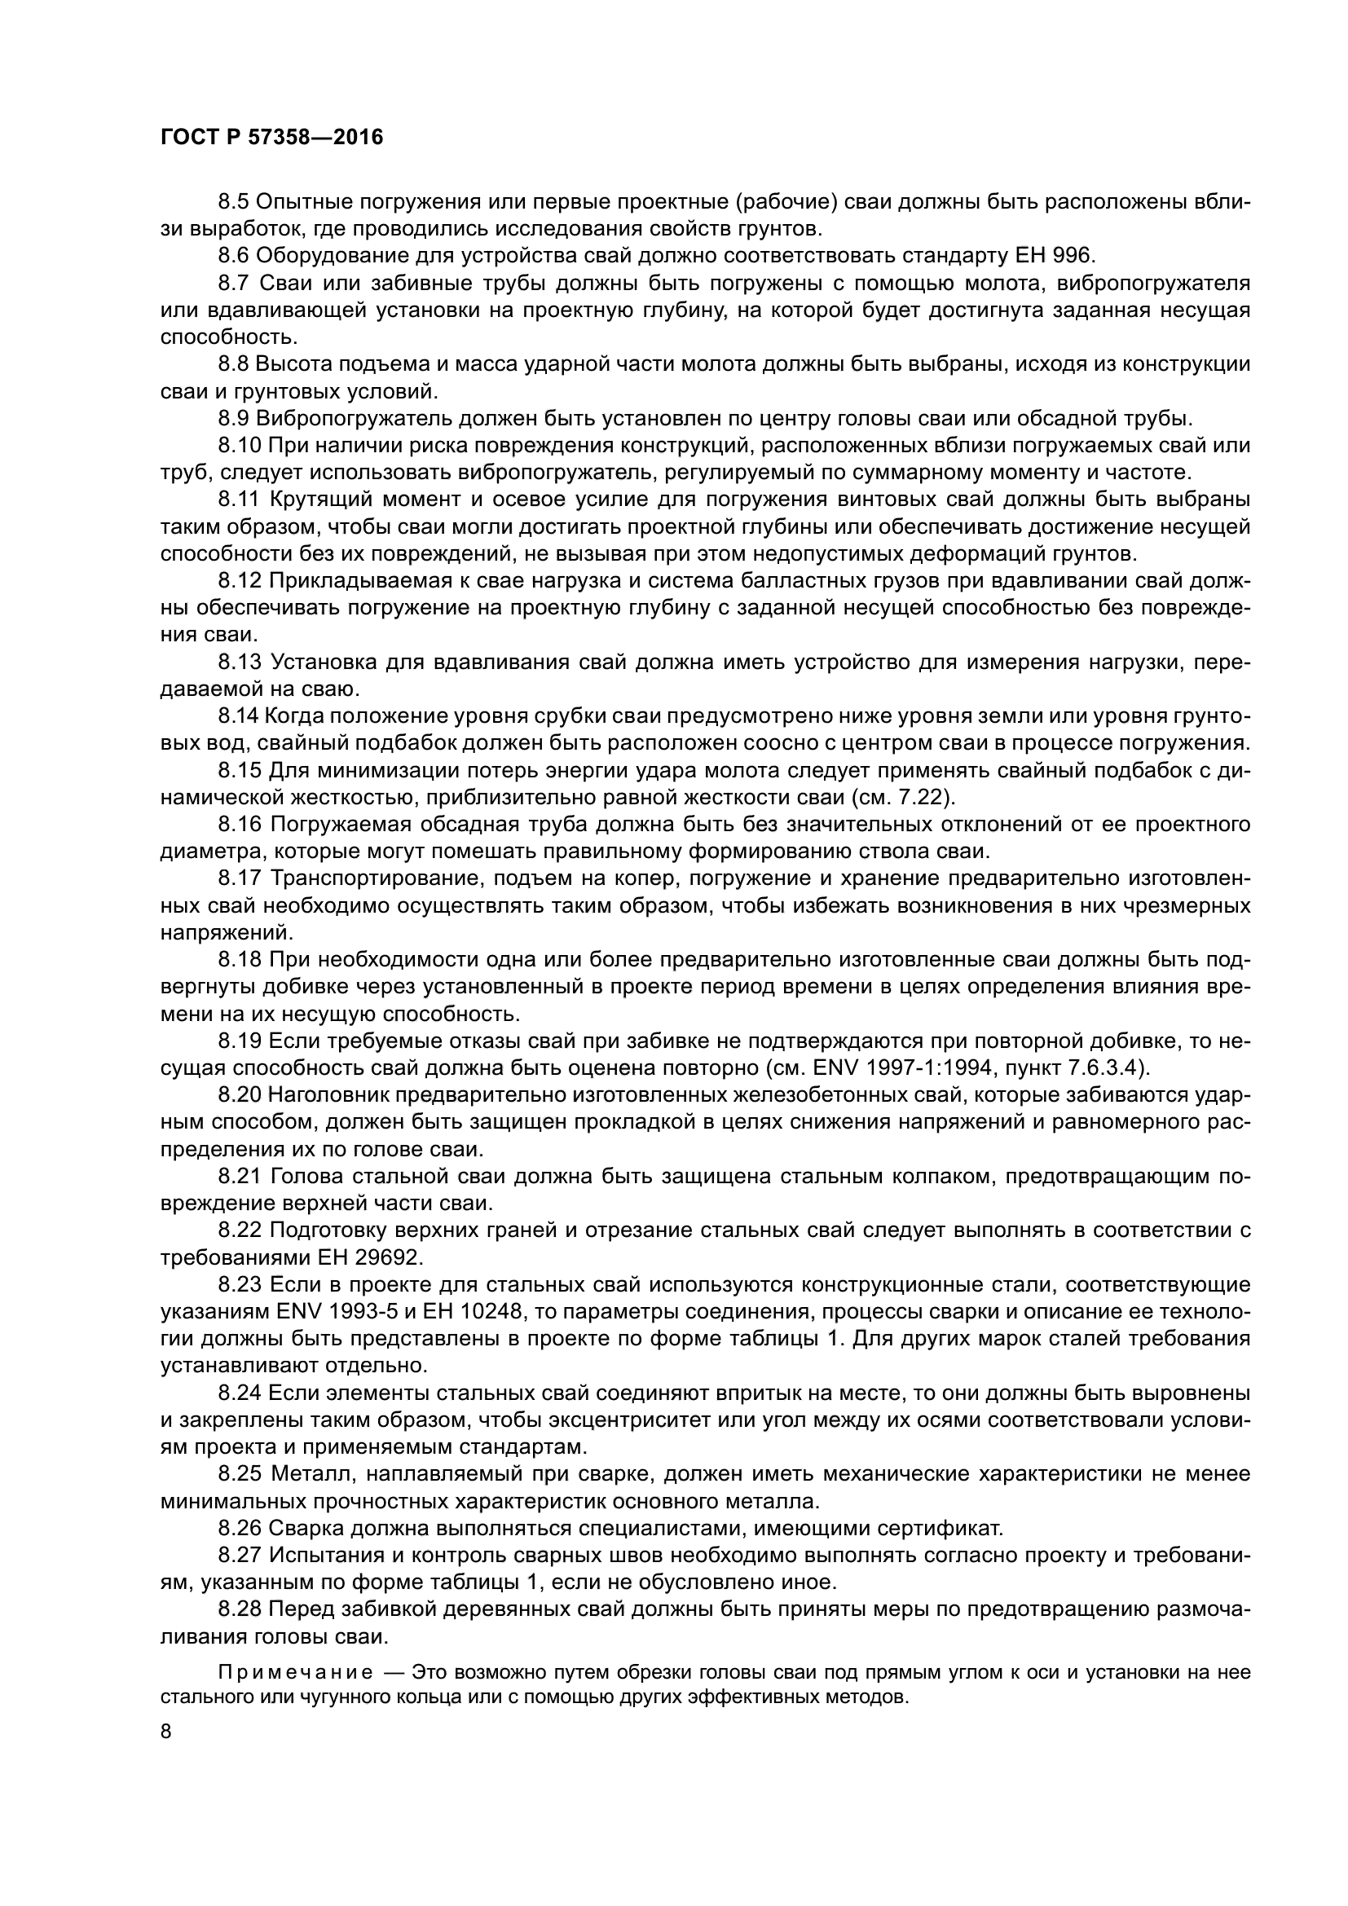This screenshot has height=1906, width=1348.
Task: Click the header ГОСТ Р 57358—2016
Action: pyautogui.click(x=271, y=138)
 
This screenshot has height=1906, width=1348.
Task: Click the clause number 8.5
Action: pyautogui.click(x=233, y=202)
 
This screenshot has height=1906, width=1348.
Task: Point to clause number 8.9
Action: pyautogui.click(x=233, y=418)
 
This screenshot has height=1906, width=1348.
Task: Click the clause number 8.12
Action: pyautogui.click(x=240, y=580)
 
